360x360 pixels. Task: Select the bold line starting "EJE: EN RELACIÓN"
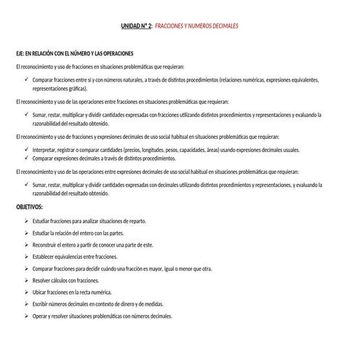pyautogui.click(x=74, y=54)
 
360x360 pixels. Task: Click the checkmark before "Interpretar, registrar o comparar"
pyautogui.click(x=25, y=149)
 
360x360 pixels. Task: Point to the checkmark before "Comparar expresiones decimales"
pyautogui.click(x=25, y=157)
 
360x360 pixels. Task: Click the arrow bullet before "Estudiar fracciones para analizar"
pyautogui.click(x=25, y=221)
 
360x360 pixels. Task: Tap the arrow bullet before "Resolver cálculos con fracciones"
pyautogui.click(x=25, y=280)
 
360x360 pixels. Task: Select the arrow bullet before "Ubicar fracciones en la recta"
pyautogui.click(x=25, y=292)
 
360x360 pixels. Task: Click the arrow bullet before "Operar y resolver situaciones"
pyautogui.click(x=25, y=316)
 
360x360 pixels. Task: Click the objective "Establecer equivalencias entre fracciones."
pyautogui.click(x=75, y=257)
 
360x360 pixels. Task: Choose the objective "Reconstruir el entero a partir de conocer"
pyautogui.click(x=93, y=245)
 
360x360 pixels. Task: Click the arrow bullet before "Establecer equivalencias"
pyautogui.click(x=25, y=257)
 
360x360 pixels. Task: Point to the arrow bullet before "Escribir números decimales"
pyautogui.click(x=25, y=305)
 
